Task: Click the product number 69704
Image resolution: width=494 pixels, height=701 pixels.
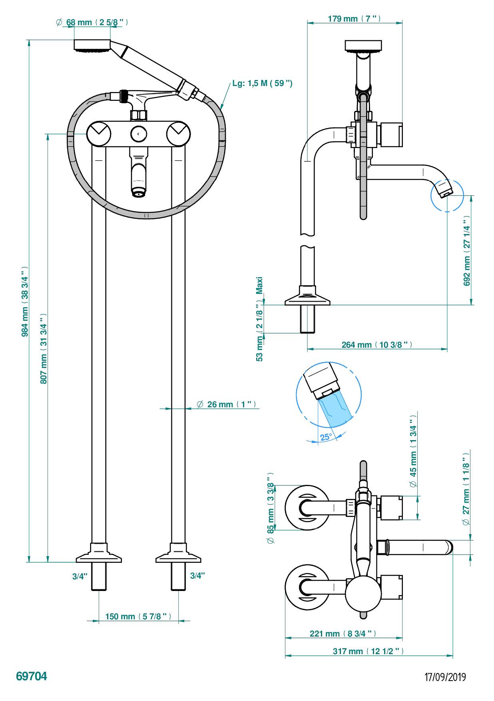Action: (32, 676)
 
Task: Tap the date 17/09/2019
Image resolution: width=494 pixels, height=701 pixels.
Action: (445, 677)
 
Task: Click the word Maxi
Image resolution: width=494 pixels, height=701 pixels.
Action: (260, 285)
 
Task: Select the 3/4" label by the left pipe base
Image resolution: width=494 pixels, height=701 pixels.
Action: (80, 576)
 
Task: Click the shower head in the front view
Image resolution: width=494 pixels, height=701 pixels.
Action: (92, 45)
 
